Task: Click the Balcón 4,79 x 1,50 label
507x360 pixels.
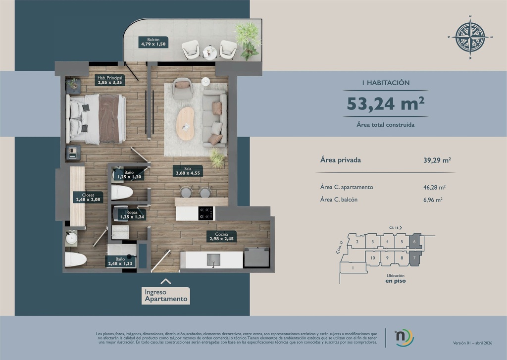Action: [x=153, y=42]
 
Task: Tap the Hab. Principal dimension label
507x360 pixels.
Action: [x=109, y=81]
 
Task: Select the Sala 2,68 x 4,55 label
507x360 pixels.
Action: [x=188, y=171]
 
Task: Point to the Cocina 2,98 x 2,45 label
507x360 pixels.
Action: [x=221, y=236]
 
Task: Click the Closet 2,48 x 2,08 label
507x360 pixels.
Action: [x=81, y=198]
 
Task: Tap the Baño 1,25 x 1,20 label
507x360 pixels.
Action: [x=128, y=174]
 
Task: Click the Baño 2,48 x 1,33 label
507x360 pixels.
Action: [x=120, y=261]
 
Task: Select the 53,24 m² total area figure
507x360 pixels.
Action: [x=386, y=103]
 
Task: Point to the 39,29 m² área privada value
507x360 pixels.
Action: [x=434, y=160]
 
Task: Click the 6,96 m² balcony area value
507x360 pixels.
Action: [x=433, y=200]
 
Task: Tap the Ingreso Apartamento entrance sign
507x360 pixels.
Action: [x=166, y=296]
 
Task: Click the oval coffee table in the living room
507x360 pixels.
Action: [x=186, y=124]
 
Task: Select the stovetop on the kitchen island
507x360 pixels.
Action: [x=206, y=213]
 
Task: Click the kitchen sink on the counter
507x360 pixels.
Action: [x=213, y=258]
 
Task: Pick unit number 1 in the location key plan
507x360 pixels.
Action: [x=353, y=268]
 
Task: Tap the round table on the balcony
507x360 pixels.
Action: [x=210, y=51]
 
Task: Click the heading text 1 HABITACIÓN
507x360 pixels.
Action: [x=385, y=83]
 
